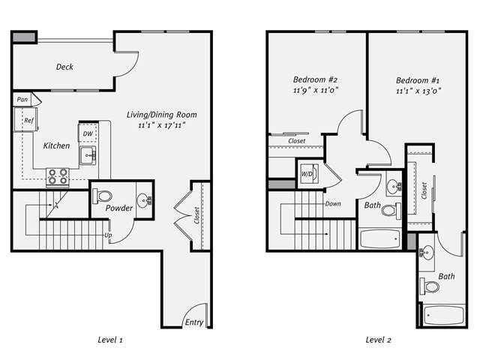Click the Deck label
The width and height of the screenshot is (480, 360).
click(x=64, y=67)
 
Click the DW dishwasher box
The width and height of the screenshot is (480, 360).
click(x=88, y=133)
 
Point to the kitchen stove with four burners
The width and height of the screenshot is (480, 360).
click(x=58, y=176)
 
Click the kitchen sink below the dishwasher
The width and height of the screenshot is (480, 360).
click(x=88, y=156)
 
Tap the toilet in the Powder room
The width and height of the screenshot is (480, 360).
click(x=101, y=196)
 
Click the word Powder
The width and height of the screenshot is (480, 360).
click(x=119, y=208)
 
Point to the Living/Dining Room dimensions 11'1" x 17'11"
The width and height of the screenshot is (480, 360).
click(x=162, y=125)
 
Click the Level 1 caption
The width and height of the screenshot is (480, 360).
click(x=110, y=340)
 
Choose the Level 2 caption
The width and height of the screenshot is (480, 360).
click(x=378, y=340)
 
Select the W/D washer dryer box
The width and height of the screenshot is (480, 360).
click(x=308, y=174)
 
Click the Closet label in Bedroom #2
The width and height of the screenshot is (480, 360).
click(x=296, y=140)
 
